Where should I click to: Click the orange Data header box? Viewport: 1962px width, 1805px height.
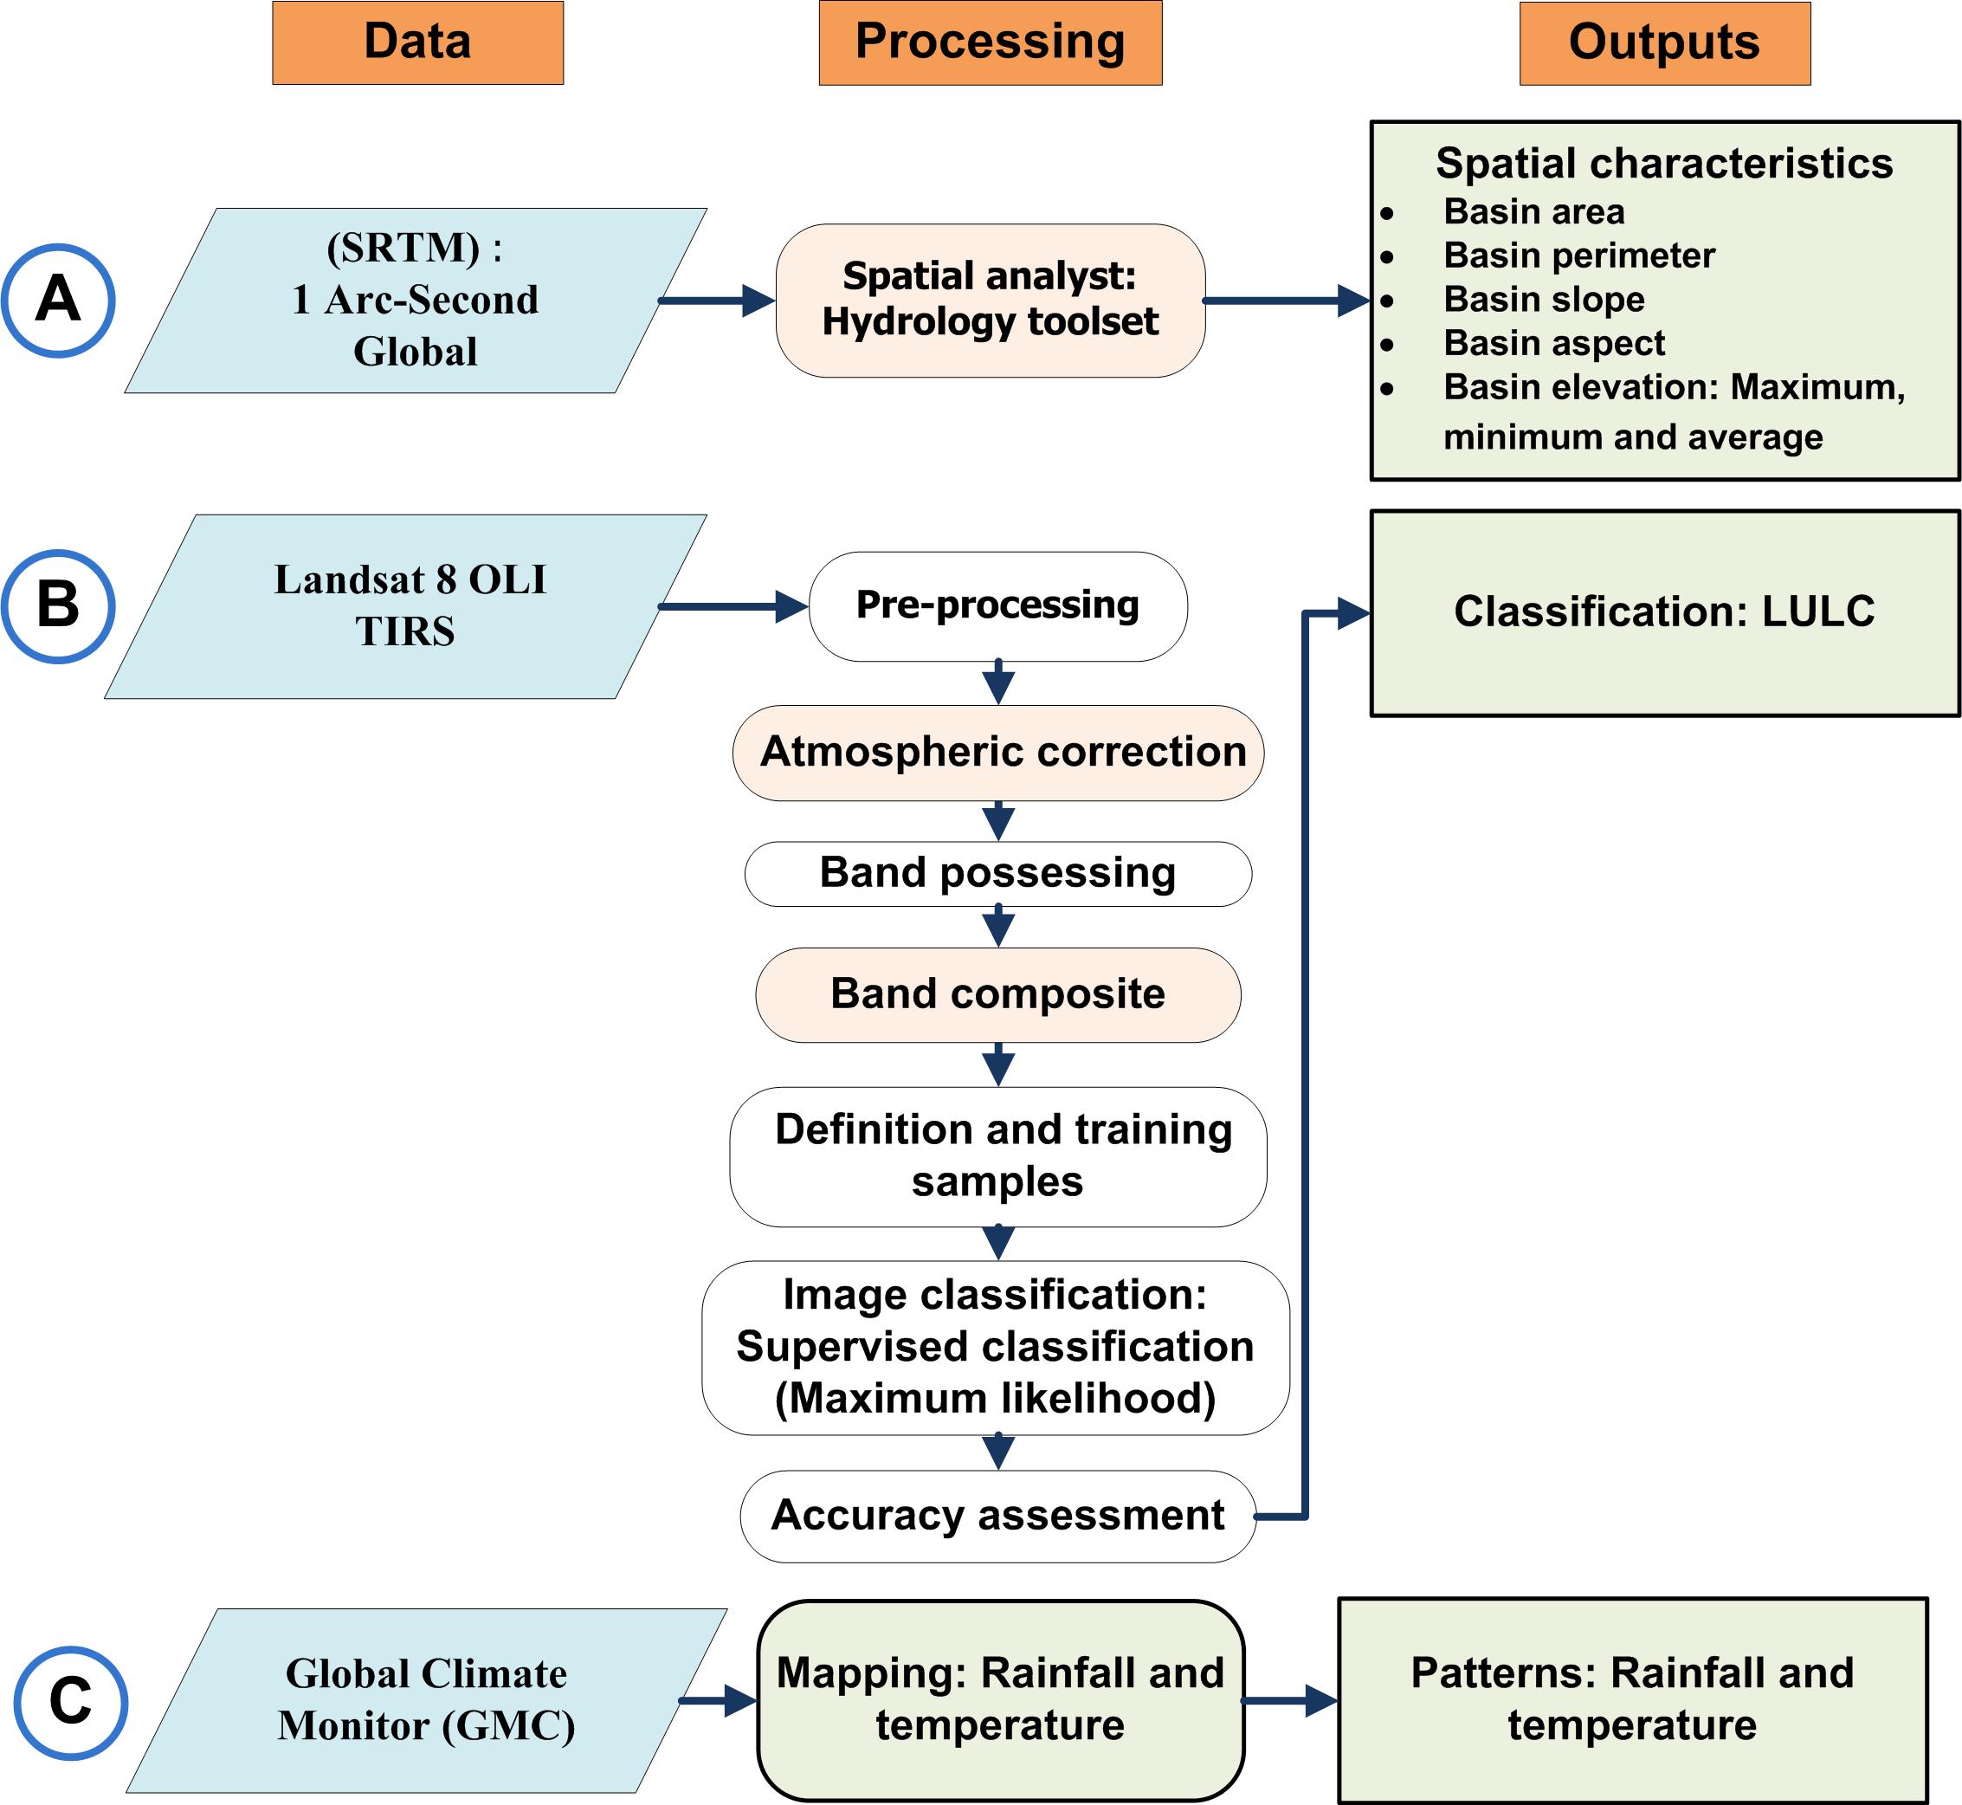point(418,43)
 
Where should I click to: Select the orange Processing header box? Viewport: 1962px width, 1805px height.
point(991,43)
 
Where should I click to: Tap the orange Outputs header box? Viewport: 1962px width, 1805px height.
point(1665,44)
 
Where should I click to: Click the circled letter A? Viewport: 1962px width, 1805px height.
point(58,300)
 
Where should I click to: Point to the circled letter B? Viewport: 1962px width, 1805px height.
point(58,606)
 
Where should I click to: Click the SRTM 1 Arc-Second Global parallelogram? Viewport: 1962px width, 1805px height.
point(416,301)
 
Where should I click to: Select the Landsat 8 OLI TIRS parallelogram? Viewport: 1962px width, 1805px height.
point(406,606)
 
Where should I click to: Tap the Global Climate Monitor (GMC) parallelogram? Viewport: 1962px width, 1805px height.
point(427,1700)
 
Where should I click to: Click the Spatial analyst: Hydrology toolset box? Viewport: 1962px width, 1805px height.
point(991,301)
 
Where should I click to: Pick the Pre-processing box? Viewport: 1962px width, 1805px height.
point(998,606)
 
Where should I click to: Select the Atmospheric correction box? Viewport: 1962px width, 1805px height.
point(998,753)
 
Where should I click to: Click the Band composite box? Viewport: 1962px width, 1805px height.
point(998,995)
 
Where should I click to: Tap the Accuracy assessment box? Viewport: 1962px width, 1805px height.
point(998,1517)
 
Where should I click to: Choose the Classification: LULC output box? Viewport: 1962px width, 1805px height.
point(1665,613)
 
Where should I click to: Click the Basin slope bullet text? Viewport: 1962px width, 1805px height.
point(1544,299)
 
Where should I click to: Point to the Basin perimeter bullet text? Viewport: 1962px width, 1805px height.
point(1579,255)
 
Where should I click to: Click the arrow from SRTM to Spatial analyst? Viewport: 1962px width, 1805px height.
point(718,301)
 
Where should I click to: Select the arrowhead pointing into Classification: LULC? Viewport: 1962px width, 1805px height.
point(1353,613)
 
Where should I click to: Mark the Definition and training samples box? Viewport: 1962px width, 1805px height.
point(998,1156)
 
